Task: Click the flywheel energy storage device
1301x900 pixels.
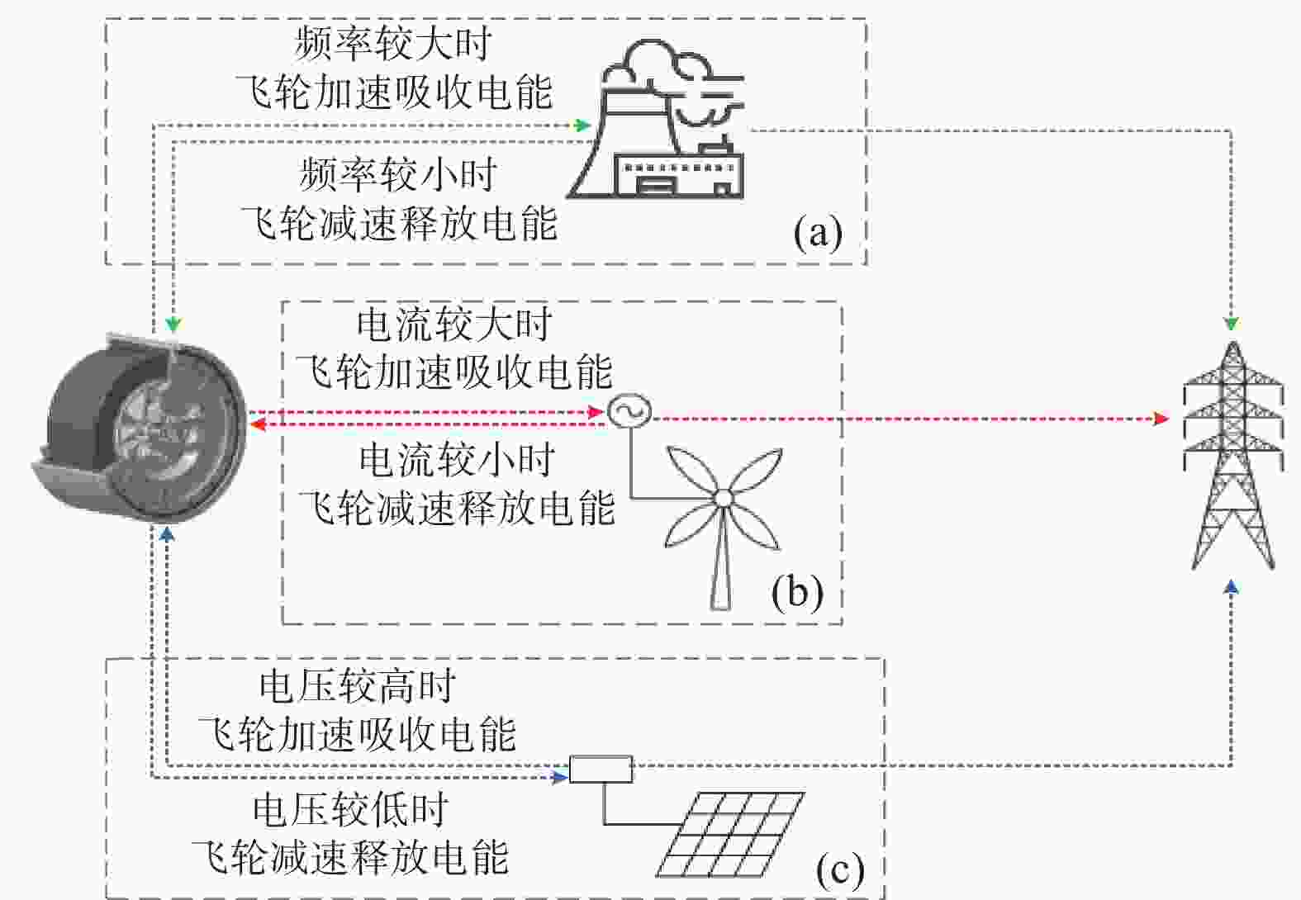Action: click(x=140, y=429)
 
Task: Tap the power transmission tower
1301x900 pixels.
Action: click(x=1232, y=456)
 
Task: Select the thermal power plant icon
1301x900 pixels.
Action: click(x=657, y=119)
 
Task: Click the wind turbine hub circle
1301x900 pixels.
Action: click(x=723, y=498)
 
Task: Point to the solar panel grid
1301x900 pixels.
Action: click(x=731, y=834)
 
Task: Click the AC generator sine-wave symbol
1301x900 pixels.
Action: click(x=629, y=411)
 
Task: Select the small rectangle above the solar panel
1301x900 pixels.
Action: click(x=601, y=769)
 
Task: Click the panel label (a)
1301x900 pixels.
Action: click(x=818, y=233)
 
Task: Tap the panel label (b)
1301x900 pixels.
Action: click(x=797, y=592)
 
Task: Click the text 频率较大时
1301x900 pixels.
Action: click(x=394, y=43)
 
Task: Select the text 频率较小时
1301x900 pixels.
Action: click(x=398, y=173)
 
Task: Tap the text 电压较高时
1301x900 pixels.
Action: click(x=357, y=686)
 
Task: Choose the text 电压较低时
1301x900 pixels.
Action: click(x=351, y=809)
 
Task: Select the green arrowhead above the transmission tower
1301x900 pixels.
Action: click(x=1232, y=324)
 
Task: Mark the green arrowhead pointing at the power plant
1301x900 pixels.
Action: click(x=582, y=125)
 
